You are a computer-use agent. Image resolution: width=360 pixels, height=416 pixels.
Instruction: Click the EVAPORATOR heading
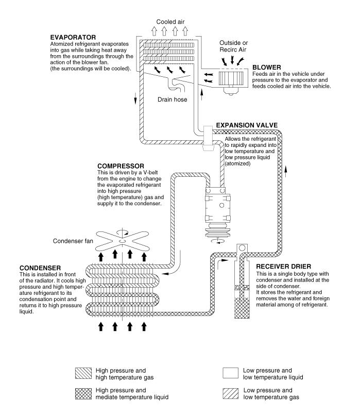(x=74, y=37)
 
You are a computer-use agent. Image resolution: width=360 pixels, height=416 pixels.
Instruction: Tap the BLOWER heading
(x=266, y=67)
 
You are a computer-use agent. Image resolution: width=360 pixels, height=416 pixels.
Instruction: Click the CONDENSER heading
(x=41, y=268)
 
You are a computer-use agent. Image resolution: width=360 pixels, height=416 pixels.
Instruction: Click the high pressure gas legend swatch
(x=83, y=373)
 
